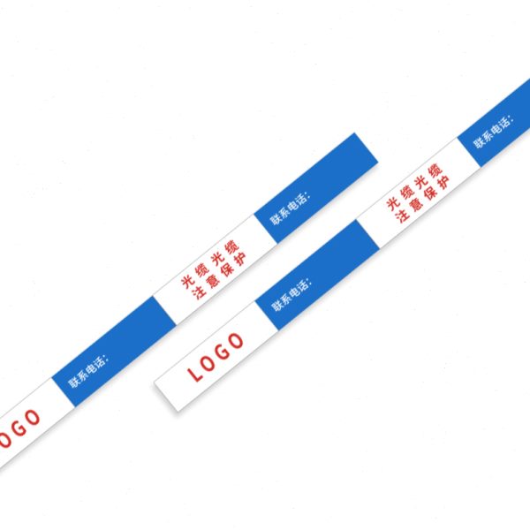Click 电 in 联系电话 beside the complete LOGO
[294, 292]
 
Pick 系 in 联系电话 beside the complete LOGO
[285, 299]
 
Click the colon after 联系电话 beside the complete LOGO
[309, 282]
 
